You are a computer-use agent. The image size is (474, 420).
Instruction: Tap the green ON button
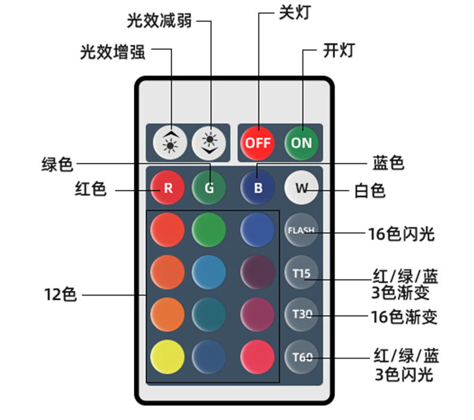301,143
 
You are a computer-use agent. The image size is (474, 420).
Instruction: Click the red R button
168,187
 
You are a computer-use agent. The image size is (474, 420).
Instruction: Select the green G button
209,187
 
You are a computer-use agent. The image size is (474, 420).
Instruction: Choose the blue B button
258,187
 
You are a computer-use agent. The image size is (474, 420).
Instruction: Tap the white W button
301,187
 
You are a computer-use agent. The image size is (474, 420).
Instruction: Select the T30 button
301,314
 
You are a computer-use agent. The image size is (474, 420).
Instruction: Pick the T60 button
301,357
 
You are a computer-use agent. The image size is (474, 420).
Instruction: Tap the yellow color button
167,357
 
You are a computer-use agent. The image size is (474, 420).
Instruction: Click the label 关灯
295,13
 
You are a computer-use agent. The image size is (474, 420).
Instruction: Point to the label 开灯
339,50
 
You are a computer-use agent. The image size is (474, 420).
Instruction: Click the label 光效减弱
160,20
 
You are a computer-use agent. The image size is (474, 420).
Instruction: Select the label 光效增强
113,52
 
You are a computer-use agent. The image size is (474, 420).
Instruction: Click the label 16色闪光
401,234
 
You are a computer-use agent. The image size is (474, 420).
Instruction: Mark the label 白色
370,191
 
